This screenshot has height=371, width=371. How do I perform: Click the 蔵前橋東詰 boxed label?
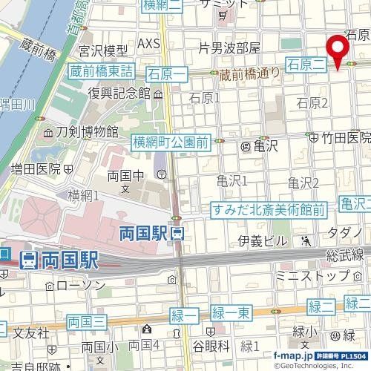pyautogui.click(x=102, y=71)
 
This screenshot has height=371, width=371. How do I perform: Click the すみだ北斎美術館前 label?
pyautogui.click(x=269, y=189)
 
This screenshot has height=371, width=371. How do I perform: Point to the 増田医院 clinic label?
pyautogui.click(x=36, y=169)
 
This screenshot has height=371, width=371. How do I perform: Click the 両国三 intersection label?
pyautogui.click(x=88, y=321)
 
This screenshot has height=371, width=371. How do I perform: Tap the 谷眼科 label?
pyautogui.click(x=210, y=346)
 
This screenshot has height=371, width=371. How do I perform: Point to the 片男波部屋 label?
pyautogui.click(x=230, y=48)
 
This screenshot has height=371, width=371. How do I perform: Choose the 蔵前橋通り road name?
pyautogui.click(x=249, y=73)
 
